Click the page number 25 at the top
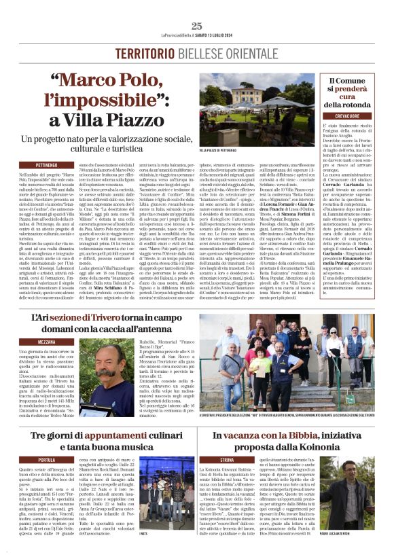click(197, 26)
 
